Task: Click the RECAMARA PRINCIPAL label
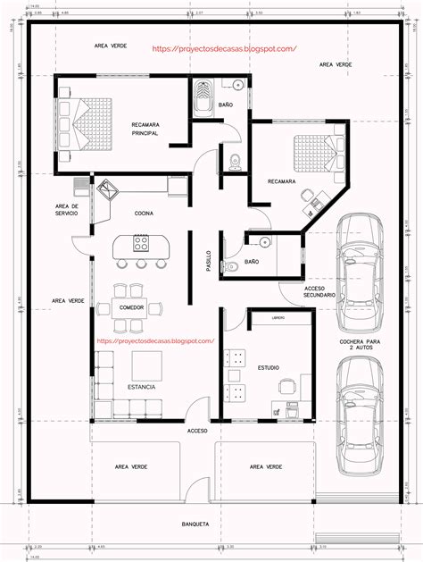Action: pyautogui.click(x=145, y=129)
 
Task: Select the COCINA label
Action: pyautogui.click(x=144, y=214)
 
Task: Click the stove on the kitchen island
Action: pyautogui.click(x=141, y=242)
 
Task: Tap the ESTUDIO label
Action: pyautogui.click(x=269, y=367)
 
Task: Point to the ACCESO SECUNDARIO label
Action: pyautogui.click(x=319, y=292)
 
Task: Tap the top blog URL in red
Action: pyautogui.click(x=224, y=49)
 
